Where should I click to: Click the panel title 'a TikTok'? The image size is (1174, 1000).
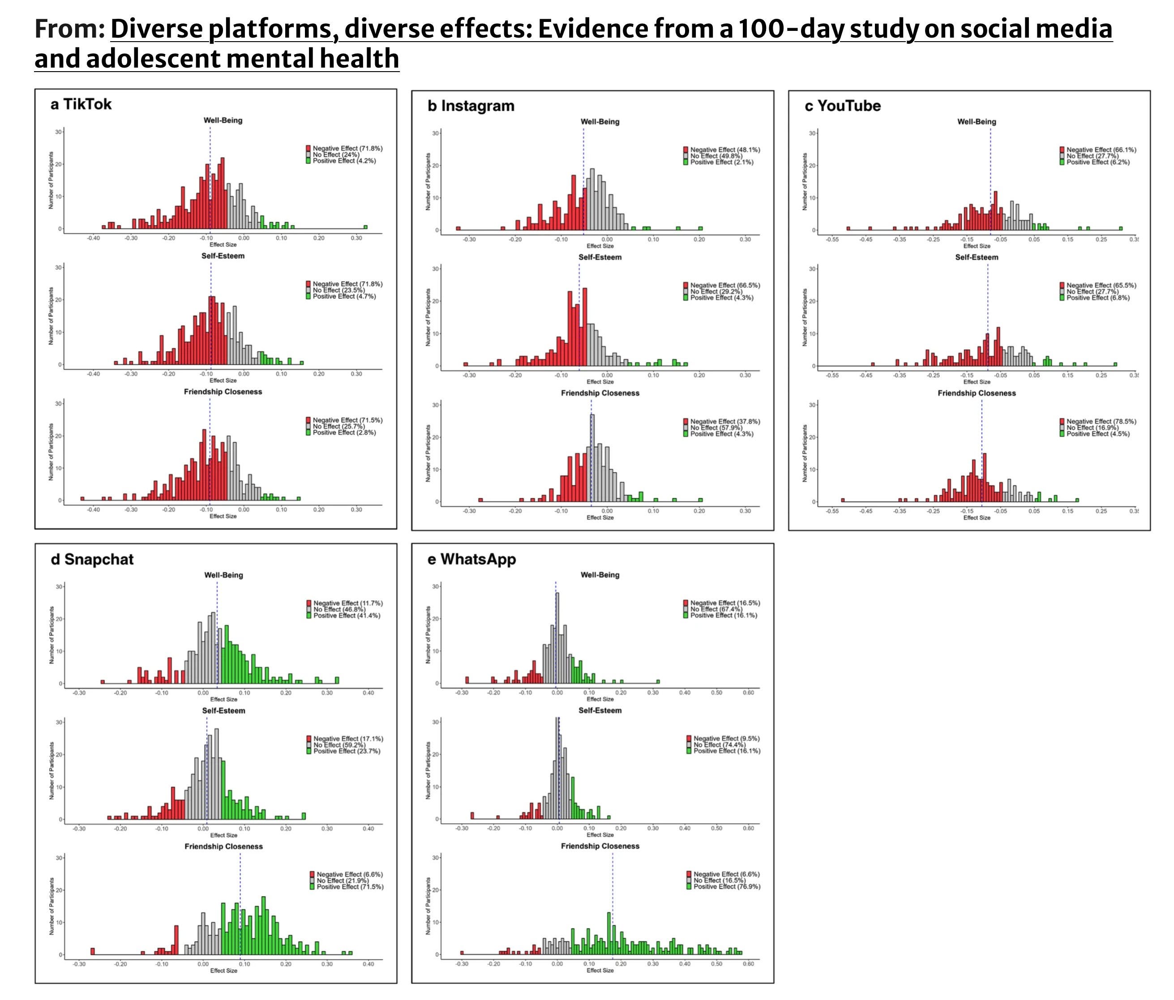point(81,104)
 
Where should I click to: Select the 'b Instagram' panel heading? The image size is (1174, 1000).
point(471,106)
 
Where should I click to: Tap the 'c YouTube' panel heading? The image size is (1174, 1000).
point(843,106)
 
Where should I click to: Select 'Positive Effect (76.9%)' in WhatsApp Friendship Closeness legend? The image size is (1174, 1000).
point(727,887)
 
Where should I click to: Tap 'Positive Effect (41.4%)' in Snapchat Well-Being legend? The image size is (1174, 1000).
point(347,615)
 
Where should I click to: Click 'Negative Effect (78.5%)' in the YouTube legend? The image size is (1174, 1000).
point(1101,422)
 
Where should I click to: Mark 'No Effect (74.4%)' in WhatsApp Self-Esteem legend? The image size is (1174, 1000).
point(720,745)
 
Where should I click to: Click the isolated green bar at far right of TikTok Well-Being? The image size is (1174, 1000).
point(365,227)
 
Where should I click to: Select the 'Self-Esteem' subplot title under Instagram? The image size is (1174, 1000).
point(600,257)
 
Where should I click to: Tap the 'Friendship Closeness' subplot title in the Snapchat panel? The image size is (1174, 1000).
point(224,846)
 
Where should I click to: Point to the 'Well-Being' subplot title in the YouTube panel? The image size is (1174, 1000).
point(977,122)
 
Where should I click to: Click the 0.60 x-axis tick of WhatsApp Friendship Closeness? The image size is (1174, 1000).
point(749,964)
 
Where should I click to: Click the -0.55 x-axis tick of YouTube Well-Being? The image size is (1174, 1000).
point(832,239)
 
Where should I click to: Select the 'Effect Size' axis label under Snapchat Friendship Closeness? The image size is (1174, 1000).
point(224,970)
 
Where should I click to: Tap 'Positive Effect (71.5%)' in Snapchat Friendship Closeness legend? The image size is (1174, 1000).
point(350,887)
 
